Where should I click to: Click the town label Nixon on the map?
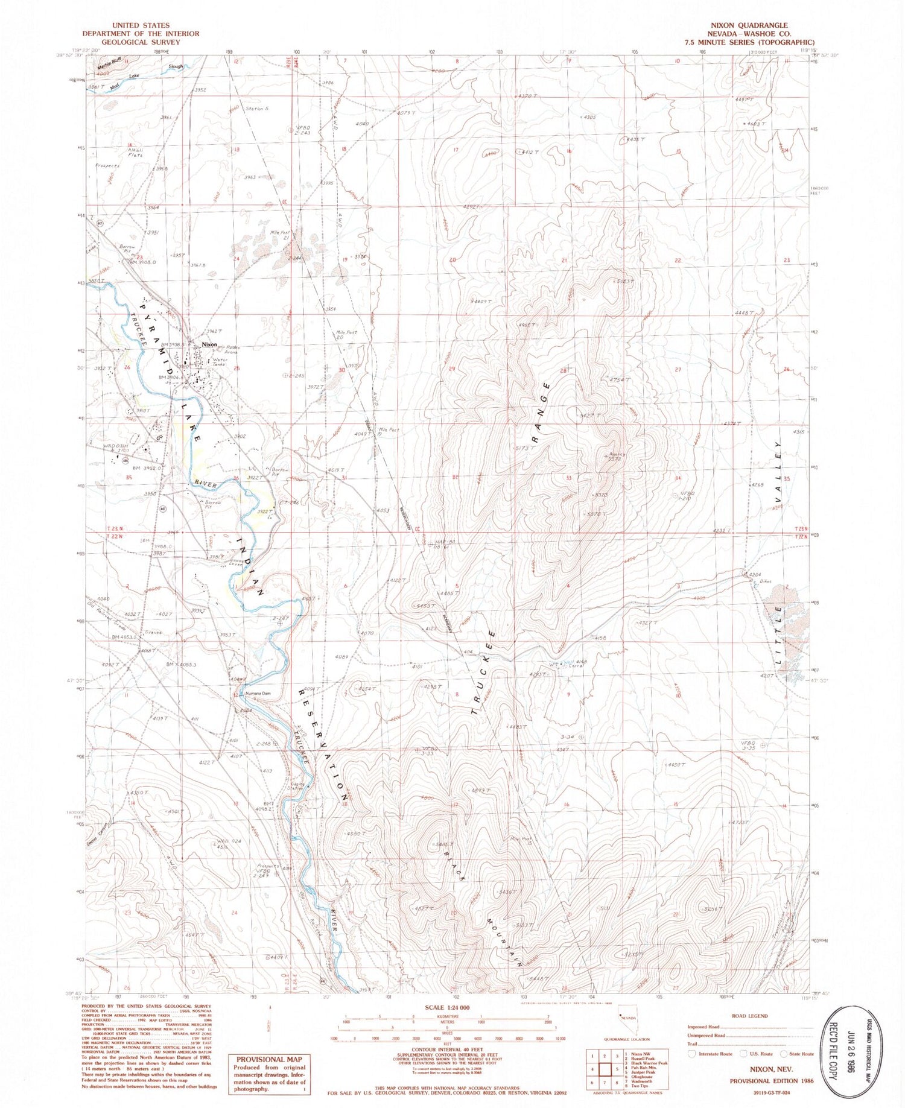tap(209, 344)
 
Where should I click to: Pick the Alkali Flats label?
tap(135, 153)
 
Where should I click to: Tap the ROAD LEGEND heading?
tap(749, 1016)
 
